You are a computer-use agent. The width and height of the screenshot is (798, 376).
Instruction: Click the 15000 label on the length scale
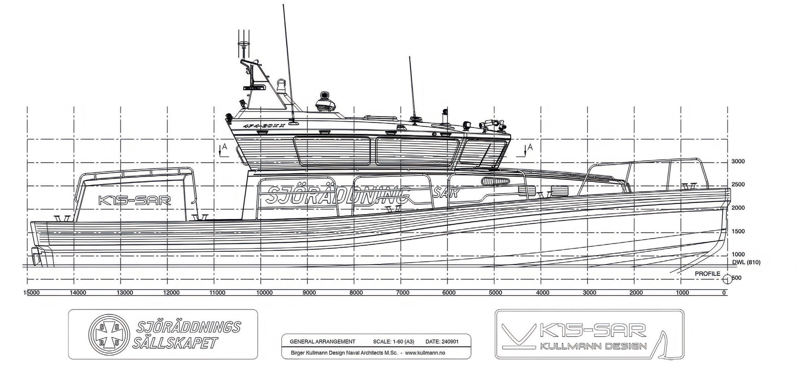[31, 293]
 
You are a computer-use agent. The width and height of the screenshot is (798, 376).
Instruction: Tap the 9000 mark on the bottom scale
[309, 293]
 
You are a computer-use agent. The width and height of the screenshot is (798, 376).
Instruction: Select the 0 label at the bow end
[724, 293]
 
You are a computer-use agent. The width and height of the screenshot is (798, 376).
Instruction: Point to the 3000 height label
[738, 162]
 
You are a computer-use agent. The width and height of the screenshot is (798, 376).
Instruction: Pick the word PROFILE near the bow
[707, 274]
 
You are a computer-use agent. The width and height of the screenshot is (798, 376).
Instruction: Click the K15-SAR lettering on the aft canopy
[134, 200]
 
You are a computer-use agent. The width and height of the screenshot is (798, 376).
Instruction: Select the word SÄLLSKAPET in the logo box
[175, 343]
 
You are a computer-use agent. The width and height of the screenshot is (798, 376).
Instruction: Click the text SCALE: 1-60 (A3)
[393, 342]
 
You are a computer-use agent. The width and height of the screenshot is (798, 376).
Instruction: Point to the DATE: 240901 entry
[442, 342]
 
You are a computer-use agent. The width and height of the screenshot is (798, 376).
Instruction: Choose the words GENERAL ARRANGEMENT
[323, 342]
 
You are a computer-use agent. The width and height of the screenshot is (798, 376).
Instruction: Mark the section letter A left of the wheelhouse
[225, 147]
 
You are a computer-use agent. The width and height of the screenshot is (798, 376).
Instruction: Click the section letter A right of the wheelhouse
[530, 147]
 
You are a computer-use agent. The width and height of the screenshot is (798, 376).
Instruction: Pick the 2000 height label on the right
[738, 208]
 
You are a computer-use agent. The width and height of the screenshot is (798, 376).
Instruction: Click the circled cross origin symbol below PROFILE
[727, 278]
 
